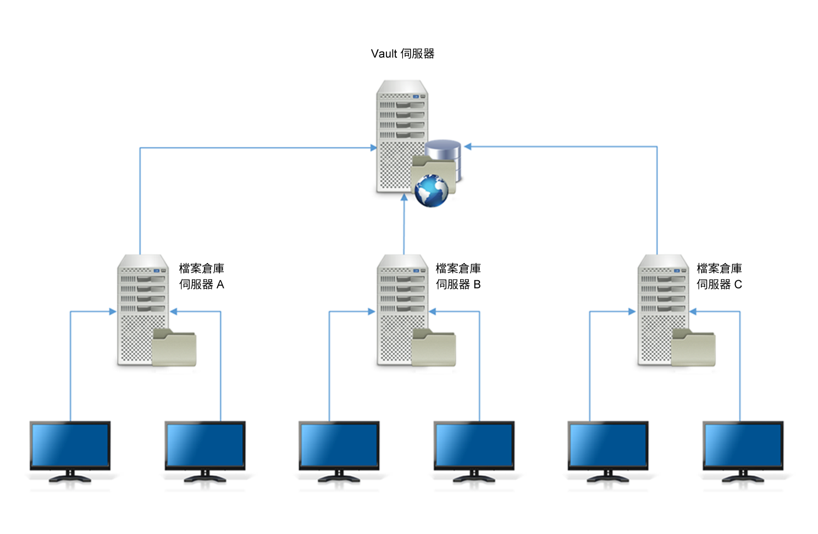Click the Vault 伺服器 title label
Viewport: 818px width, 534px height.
click(402, 54)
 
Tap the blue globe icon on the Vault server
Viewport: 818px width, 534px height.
click(432, 191)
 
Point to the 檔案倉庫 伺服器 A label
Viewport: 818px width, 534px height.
click(202, 276)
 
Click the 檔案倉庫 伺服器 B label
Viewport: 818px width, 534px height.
click(458, 276)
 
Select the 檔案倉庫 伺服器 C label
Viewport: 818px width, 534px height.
click(719, 276)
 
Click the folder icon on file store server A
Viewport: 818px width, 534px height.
click(174, 348)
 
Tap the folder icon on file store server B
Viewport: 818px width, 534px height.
click(434, 348)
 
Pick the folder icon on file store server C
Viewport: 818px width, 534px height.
click(694, 348)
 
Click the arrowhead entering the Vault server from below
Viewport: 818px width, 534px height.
click(404, 197)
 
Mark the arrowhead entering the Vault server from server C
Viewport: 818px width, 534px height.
click(468, 147)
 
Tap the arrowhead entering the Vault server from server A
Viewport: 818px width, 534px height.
click(373, 148)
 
